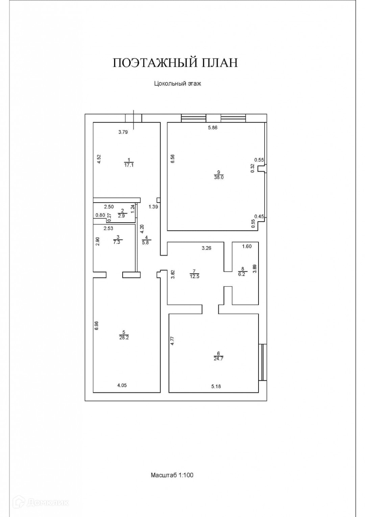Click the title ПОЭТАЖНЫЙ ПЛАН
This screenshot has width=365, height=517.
pos(175,63)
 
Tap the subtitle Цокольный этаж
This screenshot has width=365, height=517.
pos(177,84)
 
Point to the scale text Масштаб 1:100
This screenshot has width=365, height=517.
pos(172,475)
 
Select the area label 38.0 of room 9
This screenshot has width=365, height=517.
pos(219,177)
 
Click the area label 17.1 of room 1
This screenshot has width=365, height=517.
pos(128,165)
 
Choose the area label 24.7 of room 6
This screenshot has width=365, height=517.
pos(218,359)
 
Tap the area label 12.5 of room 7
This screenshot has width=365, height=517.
pos(194,276)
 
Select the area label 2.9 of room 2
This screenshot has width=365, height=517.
pos(122,216)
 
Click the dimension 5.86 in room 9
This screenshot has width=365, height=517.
pos(213,128)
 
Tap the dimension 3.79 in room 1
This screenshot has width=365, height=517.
pos(123,132)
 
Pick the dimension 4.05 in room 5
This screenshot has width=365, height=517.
pos(122,385)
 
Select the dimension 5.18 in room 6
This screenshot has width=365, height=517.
pos(216,386)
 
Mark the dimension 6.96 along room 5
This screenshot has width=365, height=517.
pos(96,325)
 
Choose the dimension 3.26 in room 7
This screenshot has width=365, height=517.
pos(206,248)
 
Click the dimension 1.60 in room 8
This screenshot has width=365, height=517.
pos(247,246)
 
